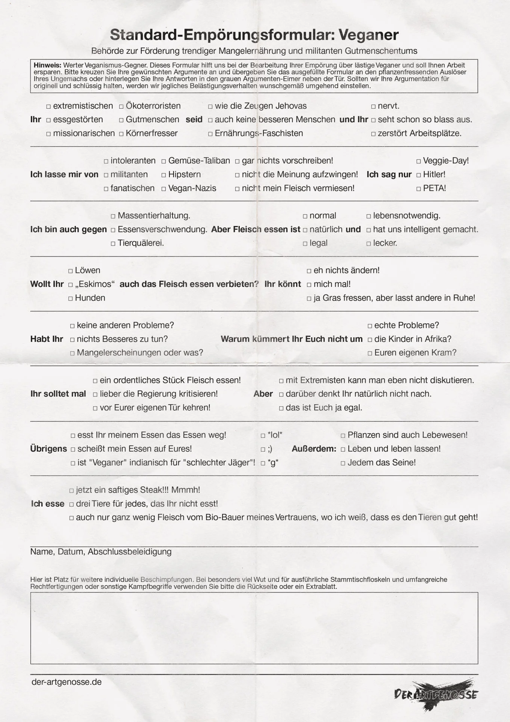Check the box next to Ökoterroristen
(121, 107)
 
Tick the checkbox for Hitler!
(419, 175)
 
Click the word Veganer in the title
(368, 35)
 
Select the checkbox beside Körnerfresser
(121, 134)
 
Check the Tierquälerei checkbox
(113, 244)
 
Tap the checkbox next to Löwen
(71, 271)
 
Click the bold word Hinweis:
(47, 65)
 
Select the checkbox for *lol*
(263, 436)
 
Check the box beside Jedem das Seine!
(343, 463)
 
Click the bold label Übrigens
(48, 449)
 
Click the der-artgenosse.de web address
(67, 682)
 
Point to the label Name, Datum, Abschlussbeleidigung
(101, 552)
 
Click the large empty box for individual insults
(254, 628)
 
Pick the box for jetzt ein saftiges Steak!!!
(72, 491)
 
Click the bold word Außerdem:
(314, 449)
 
